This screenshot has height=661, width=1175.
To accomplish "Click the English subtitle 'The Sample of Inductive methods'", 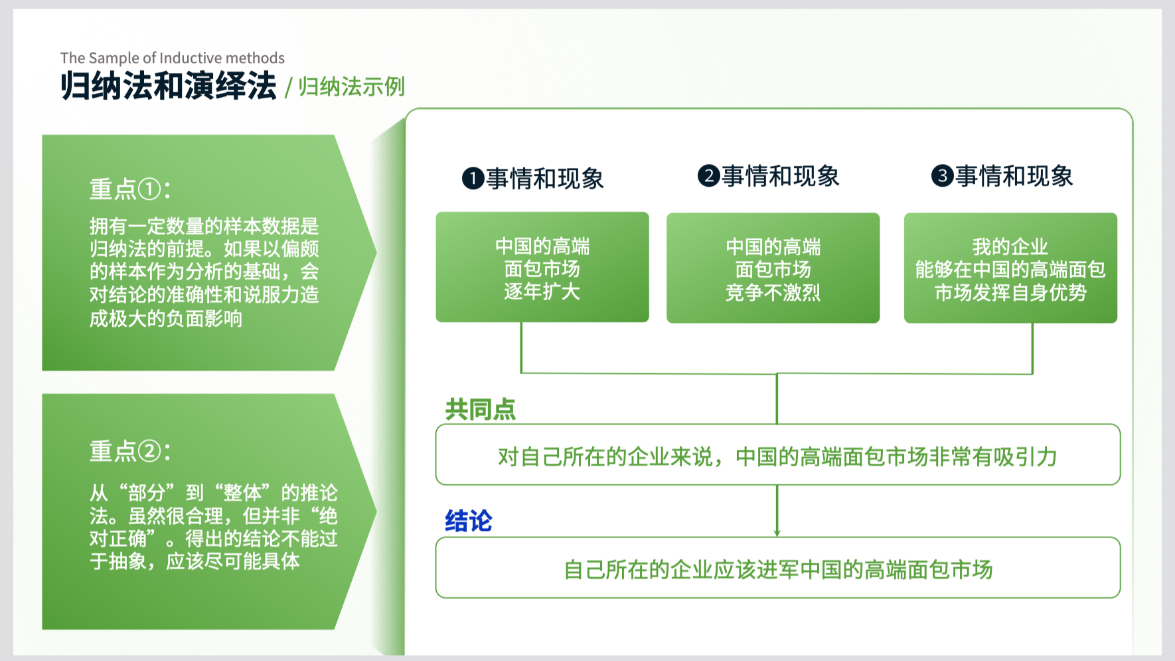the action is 173,58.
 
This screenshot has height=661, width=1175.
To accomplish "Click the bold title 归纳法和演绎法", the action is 169,86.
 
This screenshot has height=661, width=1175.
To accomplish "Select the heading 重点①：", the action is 130,189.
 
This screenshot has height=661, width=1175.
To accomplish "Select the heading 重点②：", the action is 130,451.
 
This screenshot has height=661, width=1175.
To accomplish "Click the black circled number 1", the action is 473,178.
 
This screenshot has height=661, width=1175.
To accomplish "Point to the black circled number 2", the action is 709,176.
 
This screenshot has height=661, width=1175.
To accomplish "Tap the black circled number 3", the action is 943,176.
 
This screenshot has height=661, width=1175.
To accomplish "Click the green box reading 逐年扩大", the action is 542,267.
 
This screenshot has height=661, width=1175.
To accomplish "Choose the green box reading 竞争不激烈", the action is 773,268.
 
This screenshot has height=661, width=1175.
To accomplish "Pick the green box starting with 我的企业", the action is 1010,268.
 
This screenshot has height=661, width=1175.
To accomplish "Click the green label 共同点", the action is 481,409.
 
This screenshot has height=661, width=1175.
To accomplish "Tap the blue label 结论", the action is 469,521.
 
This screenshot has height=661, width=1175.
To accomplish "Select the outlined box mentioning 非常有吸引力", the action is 778,454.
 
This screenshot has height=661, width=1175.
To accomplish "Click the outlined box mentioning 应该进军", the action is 778,568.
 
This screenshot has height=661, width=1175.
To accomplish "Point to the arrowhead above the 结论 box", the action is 777,533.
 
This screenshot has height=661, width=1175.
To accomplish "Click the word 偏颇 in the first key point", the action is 300,249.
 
